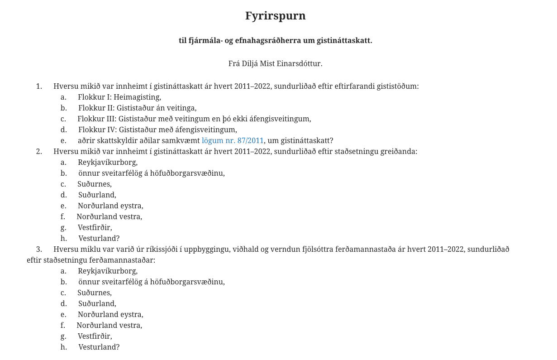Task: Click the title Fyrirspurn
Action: point(275,16)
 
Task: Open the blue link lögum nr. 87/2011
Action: point(233,141)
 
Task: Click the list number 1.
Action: point(39,86)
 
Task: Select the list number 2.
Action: point(39,152)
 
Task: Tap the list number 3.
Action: point(39,250)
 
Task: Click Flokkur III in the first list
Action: point(97,119)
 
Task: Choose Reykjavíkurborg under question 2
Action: point(107,163)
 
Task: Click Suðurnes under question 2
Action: point(94,184)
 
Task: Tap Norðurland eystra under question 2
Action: point(110,206)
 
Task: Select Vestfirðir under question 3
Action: point(95,336)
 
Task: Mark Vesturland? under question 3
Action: point(99,347)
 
